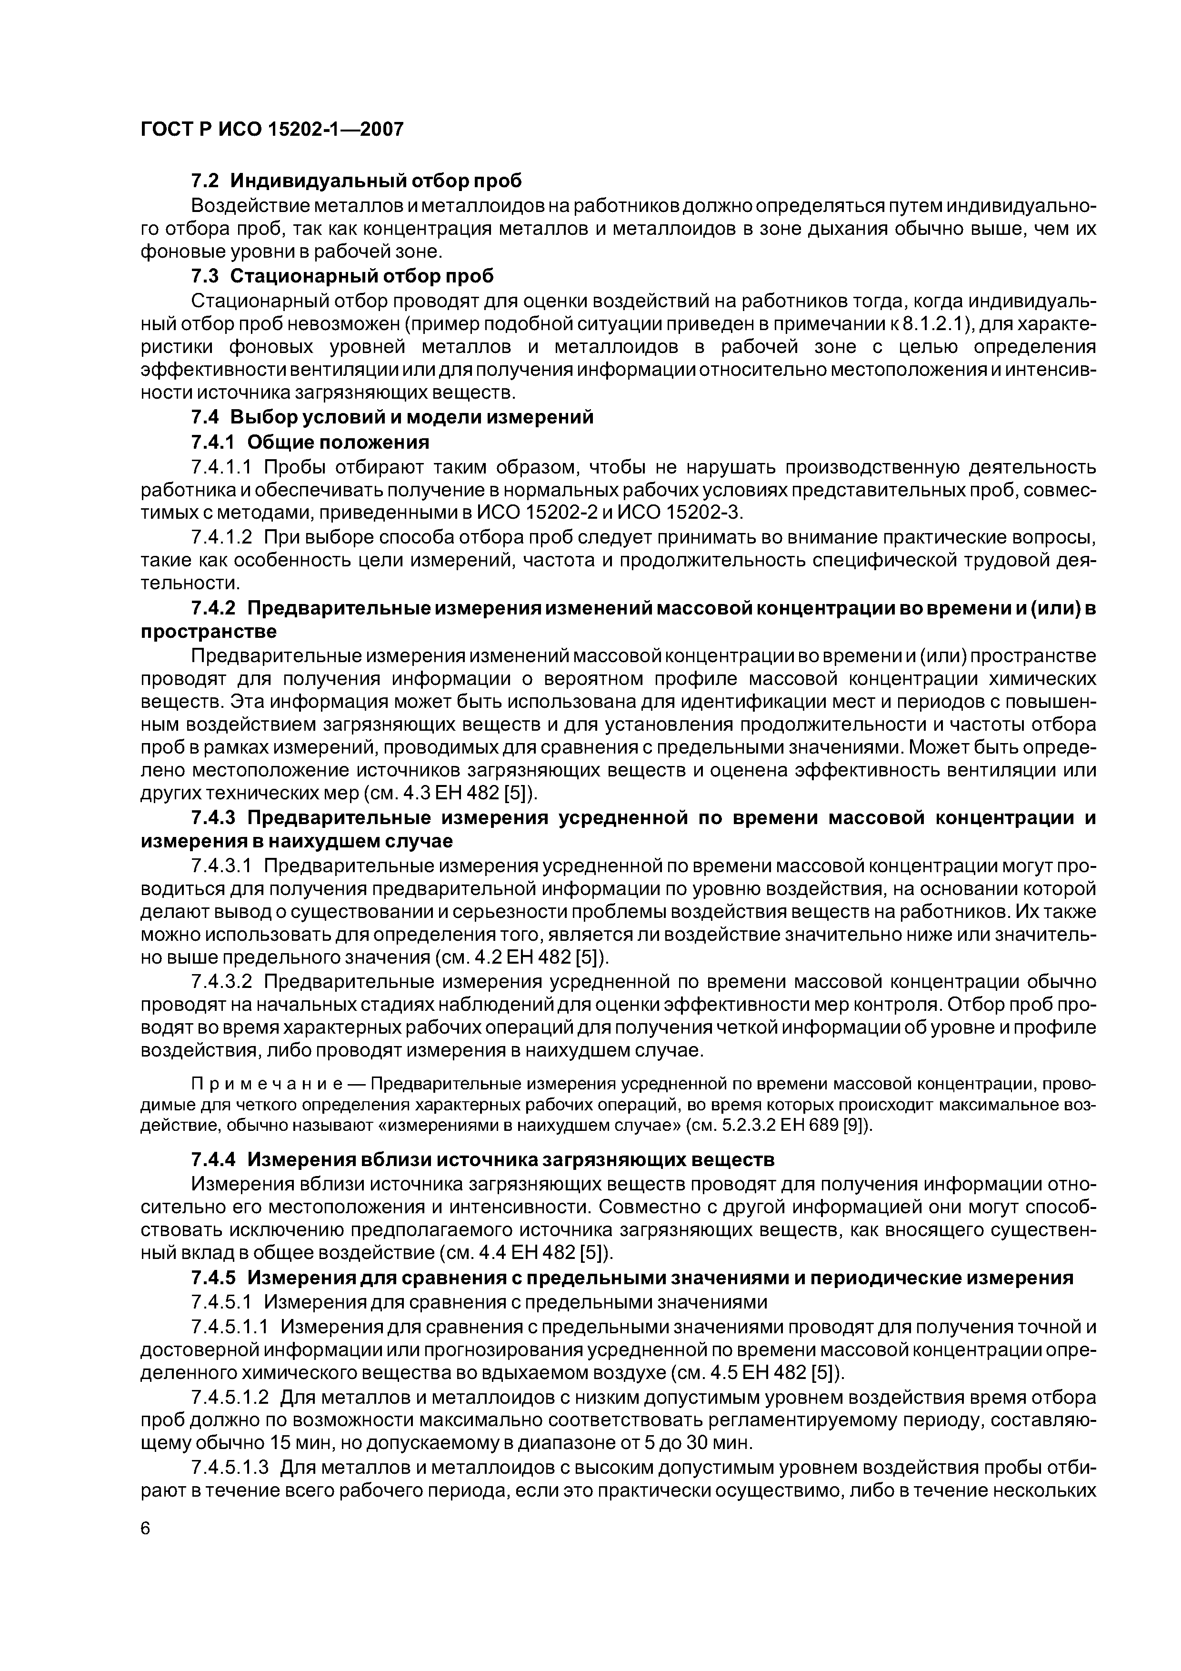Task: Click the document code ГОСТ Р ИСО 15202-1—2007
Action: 271,130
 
